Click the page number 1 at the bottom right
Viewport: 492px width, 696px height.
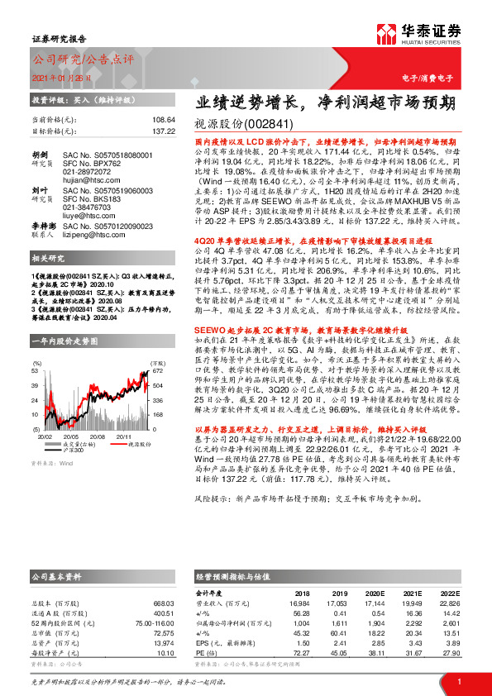pyautogui.click(x=457, y=680)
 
